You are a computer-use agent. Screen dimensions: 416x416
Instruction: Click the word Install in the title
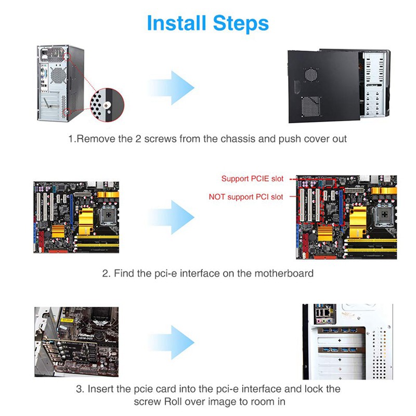(176, 23)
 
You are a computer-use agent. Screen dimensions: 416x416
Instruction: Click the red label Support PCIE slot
(253, 179)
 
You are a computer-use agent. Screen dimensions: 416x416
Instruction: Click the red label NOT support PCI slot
(246, 197)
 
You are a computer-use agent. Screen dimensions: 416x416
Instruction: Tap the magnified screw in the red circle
(107, 105)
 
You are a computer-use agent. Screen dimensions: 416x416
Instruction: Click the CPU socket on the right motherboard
(370, 205)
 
